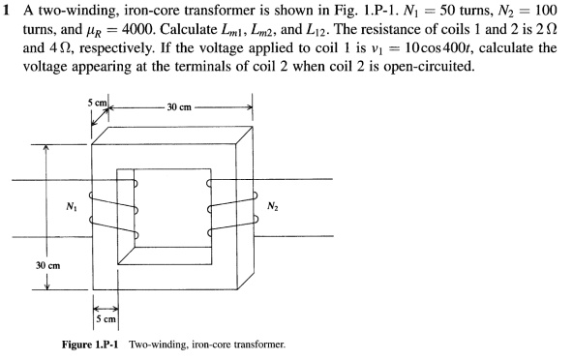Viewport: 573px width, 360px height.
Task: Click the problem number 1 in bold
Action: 6,9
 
